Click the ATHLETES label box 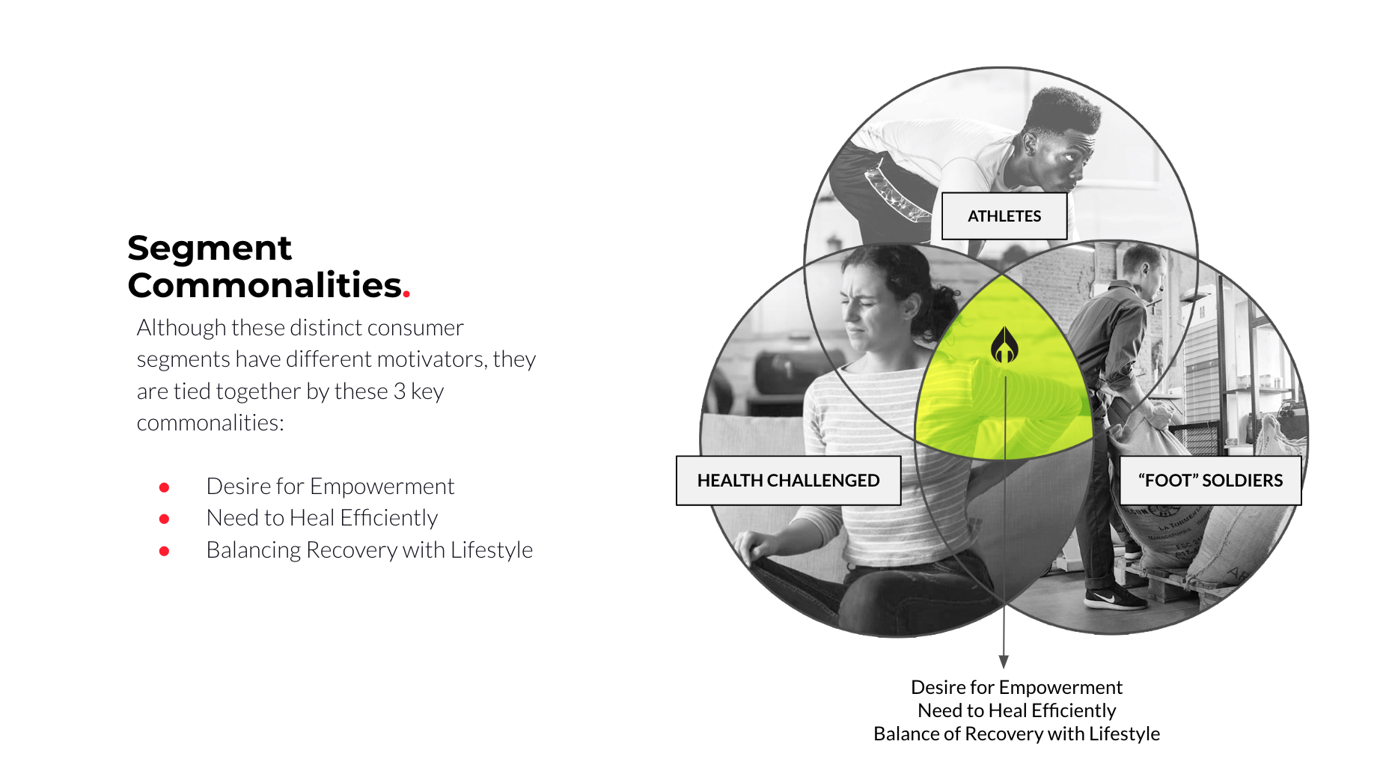1004,216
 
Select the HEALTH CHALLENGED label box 788,481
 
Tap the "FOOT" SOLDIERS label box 1210,481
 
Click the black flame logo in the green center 1004,345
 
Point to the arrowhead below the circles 1004,662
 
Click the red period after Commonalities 406,295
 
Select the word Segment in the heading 210,249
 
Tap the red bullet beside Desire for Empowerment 165,487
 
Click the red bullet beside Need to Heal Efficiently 165,519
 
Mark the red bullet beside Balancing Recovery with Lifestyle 165,551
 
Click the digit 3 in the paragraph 400,391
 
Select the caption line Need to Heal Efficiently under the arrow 1016,710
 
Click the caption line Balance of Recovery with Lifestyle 1016,734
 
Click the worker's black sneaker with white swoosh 1115,597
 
